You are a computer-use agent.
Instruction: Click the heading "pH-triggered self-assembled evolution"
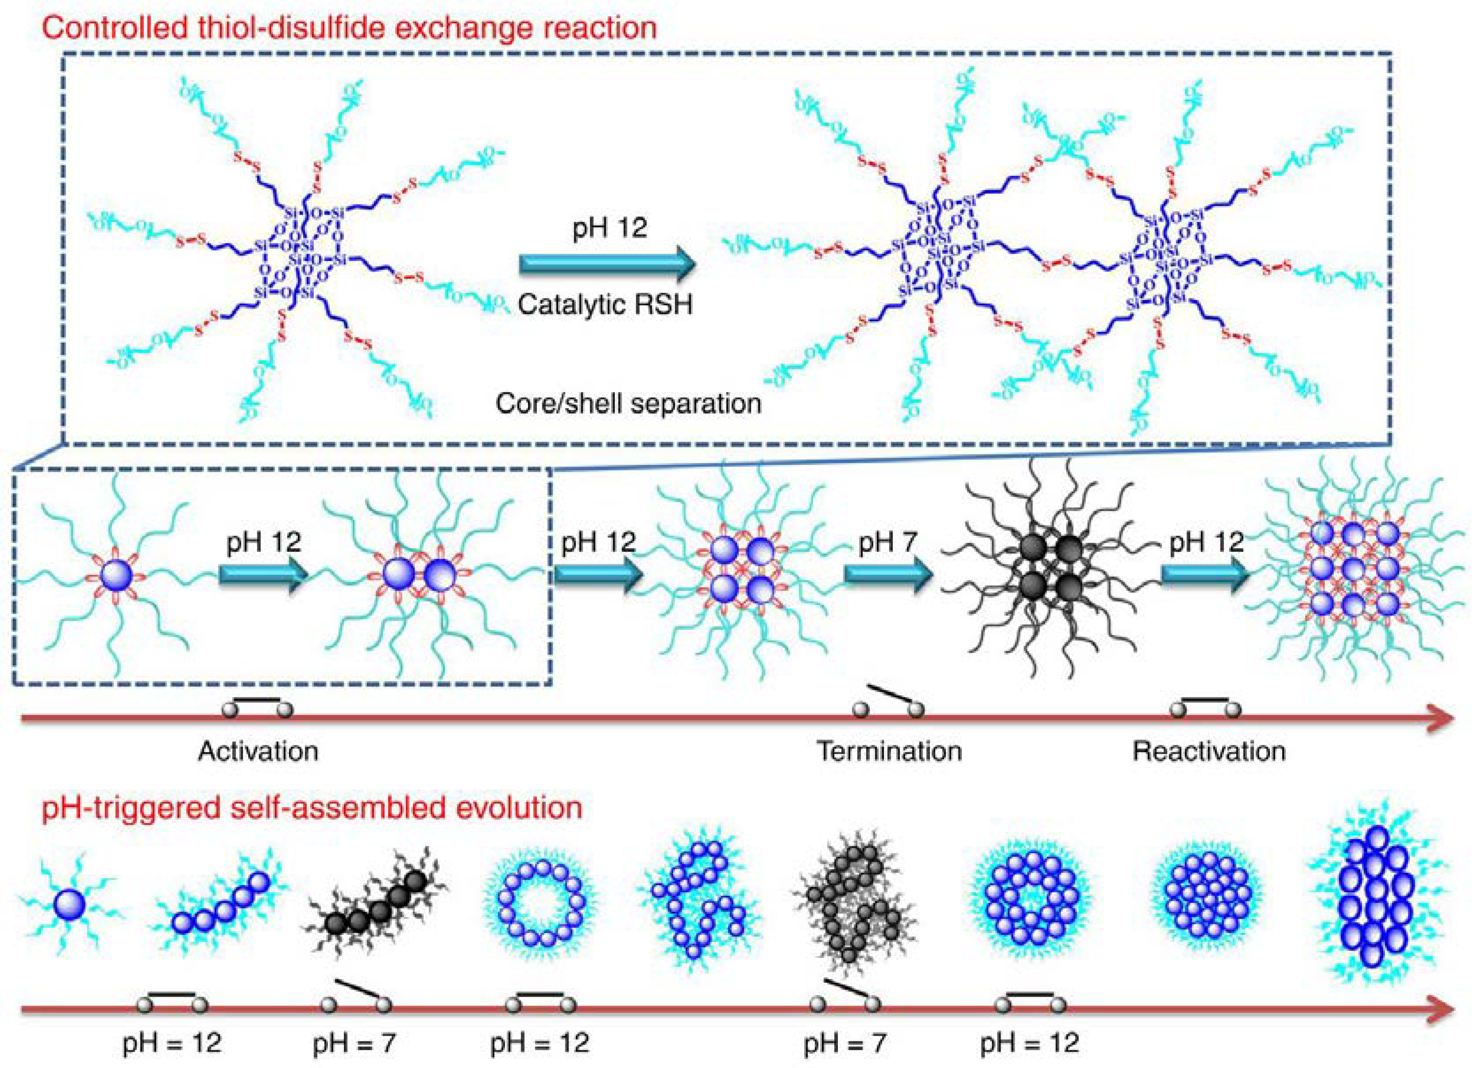click(x=312, y=808)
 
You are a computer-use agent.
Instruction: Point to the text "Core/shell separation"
click(x=628, y=403)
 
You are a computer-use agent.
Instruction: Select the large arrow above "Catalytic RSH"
click(x=607, y=264)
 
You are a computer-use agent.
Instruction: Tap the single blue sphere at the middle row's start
click(x=117, y=576)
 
